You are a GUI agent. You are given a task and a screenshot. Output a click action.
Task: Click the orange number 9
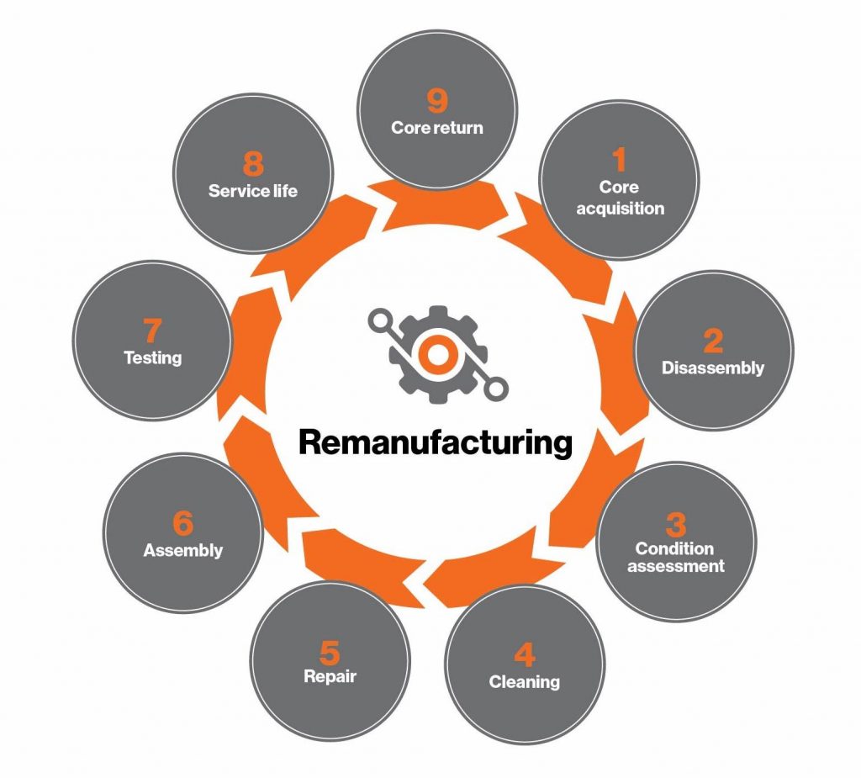tap(436, 100)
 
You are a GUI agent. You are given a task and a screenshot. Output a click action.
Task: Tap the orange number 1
tap(619, 158)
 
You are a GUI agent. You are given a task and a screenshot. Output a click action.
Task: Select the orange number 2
tap(712, 341)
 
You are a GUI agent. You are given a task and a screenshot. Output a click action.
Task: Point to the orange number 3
tap(675, 524)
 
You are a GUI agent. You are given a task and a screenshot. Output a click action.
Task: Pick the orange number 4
tap(524, 655)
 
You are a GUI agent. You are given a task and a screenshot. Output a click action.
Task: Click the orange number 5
tap(329, 651)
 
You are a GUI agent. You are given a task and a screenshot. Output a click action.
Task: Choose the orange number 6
tap(182, 523)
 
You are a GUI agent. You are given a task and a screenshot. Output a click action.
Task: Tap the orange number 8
tap(252, 163)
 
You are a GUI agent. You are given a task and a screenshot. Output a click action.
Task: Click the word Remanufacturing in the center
tap(436, 442)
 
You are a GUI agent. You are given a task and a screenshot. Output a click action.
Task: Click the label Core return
tap(436, 128)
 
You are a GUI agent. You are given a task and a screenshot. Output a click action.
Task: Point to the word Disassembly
tap(713, 368)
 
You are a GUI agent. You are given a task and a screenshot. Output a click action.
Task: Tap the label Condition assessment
tap(675, 558)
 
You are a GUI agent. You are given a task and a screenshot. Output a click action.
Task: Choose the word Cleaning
tap(525, 681)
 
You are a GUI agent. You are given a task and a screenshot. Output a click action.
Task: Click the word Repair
tap(330, 676)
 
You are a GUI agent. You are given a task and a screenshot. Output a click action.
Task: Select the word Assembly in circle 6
tap(183, 551)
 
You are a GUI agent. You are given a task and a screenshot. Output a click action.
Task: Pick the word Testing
tap(153, 357)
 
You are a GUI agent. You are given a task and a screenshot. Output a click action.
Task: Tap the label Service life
tap(252, 190)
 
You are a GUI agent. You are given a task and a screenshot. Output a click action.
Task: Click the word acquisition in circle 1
tap(620, 208)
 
